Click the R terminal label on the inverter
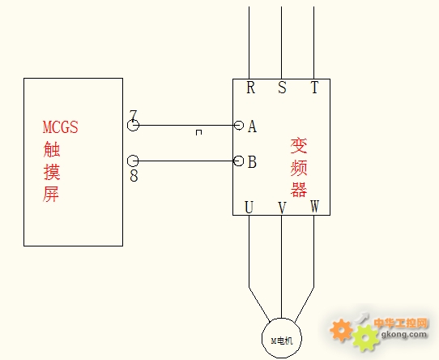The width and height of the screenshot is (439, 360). click(x=251, y=88)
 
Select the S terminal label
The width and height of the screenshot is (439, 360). click(x=282, y=88)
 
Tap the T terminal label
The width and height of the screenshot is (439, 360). click(x=315, y=88)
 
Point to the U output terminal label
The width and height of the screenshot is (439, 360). click(x=249, y=208)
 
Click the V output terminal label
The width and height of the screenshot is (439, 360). click(x=282, y=208)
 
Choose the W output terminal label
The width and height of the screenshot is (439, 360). click(x=315, y=207)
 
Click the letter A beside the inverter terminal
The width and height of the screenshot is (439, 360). click(x=252, y=126)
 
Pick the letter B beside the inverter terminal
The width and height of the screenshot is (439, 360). click(x=252, y=162)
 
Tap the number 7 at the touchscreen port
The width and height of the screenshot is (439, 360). click(x=134, y=115)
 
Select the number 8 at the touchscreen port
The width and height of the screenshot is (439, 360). click(x=134, y=176)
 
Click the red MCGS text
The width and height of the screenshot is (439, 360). click(x=61, y=127)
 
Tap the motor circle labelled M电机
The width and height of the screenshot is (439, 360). click(x=262, y=338)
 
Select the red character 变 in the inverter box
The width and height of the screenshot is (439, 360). click(x=299, y=145)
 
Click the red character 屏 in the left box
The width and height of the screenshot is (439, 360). click(x=51, y=194)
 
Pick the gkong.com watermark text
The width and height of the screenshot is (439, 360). click(x=403, y=334)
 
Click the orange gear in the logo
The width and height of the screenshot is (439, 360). click(x=341, y=330)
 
